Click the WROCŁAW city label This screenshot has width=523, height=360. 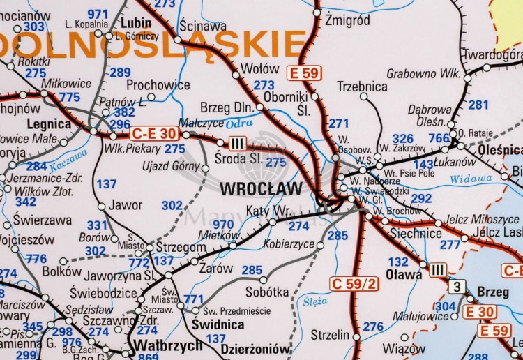(x=261, y=189)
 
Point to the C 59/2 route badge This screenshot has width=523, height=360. (x=354, y=283)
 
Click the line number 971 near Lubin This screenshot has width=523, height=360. (x=98, y=14)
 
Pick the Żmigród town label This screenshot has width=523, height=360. (x=347, y=20)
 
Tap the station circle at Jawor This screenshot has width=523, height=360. (x=101, y=207)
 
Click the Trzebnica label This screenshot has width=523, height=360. (x=361, y=87)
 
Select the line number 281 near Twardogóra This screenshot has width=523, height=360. (x=478, y=105)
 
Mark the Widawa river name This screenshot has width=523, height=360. (x=470, y=179)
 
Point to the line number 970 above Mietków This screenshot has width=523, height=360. (x=223, y=224)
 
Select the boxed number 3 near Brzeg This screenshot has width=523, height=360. (x=457, y=287)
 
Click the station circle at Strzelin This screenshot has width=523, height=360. (x=356, y=337)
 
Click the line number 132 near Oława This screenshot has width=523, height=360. (x=398, y=262)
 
